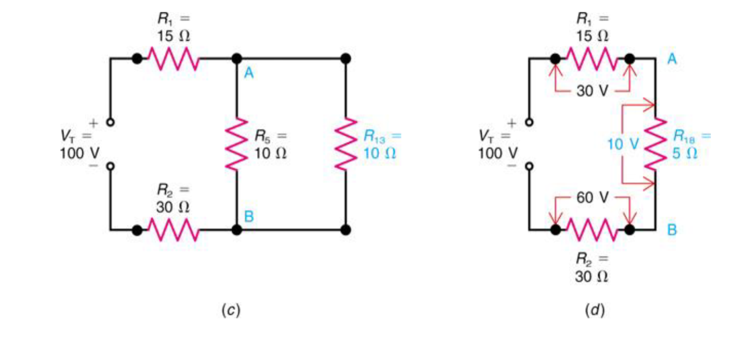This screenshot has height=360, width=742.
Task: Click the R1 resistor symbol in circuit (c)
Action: pyautogui.click(x=173, y=59)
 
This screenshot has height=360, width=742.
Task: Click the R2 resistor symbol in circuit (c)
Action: pyautogui.click(x=173, y=230)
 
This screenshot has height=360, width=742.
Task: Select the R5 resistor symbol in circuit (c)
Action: pyautogui.click(x=237, y=144)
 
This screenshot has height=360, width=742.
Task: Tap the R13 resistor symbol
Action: pyautogui.click(x=346, y=144)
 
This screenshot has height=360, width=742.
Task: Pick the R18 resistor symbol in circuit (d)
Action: pyautogui.click(x=655, y=144)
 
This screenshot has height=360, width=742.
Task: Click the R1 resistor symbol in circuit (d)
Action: pyautogui.click(x=592, y=59)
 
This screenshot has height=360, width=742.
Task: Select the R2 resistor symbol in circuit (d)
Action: pyautogui.click(x=592, y=230)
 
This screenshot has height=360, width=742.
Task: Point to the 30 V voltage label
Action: pyautogui.click(x=592, y=91)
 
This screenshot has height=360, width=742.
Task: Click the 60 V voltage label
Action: pyautogui.click(x=592, y=198)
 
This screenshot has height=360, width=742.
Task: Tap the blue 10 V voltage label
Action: pyautogui.click(x=623, y=145)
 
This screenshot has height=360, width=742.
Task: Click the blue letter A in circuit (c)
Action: pyautogui.click(x=249, y=74)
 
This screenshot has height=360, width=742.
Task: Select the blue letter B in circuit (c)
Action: pyautogui.click(x=249, y=216)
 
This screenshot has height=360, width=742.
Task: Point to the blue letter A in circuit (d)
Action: pyautogui.click(x=672, y=59)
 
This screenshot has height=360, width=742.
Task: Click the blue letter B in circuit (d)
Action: pyautogui.click(x=672, y=230)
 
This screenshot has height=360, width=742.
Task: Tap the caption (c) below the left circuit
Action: pyautogui.click(x=231, y=310)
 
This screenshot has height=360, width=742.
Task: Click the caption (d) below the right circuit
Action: pyautogui.click(x=594, y=310)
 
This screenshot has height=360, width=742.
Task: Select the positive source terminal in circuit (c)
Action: pyautogui.click(x=111, y=122)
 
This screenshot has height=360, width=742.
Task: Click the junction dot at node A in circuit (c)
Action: pyautogui.click(x=237, y=59)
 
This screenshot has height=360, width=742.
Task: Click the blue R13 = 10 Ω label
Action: pyautogui.click(x=380, y=144)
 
